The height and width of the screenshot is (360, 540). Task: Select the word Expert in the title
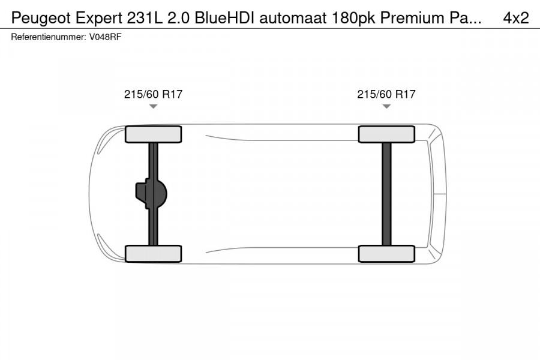[x=100, y=18]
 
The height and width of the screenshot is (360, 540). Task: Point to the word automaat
[x=293, y=18]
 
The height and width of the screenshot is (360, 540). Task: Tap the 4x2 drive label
[x=516, y=18]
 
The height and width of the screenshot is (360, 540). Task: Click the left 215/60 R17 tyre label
[x=153, y=94]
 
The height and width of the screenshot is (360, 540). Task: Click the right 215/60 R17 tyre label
[x=386, y=94]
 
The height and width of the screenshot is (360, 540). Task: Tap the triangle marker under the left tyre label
[x=153, y=107]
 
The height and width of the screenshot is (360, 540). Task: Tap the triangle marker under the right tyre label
[x=386, y=107]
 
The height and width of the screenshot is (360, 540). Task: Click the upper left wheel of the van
[x=153, y=134]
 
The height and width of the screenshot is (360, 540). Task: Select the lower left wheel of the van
[x=153, y=253]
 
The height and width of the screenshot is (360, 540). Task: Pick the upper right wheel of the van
[x=386, y=134]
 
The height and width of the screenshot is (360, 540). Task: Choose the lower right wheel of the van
[x=386, y=253]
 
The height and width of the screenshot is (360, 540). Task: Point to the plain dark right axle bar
[x=386, y=193]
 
